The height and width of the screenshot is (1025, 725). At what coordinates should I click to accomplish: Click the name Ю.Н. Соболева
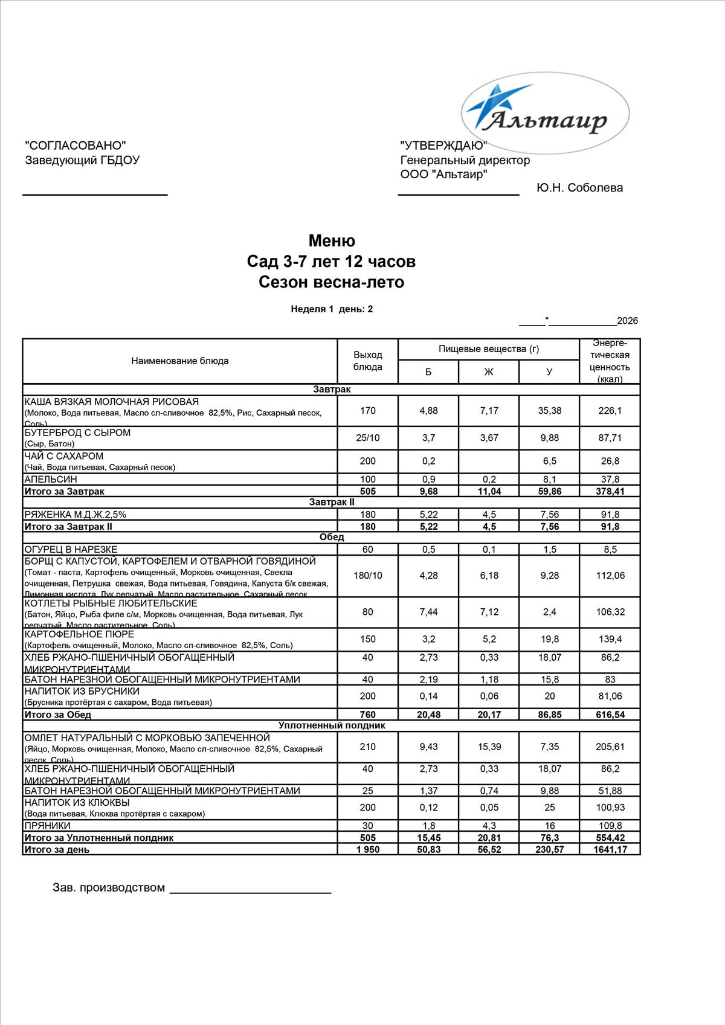(579, 188)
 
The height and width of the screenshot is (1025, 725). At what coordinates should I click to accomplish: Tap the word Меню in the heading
(332, 241)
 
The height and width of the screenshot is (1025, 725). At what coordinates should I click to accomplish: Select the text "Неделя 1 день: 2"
(332, 309)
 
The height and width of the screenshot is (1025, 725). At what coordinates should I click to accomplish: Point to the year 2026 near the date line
(627, 321)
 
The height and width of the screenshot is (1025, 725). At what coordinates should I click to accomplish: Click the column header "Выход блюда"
(367, 361)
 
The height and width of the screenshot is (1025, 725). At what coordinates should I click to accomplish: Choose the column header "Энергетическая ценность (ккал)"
(610, 361)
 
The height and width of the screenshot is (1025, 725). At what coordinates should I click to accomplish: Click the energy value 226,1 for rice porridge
(610, 411)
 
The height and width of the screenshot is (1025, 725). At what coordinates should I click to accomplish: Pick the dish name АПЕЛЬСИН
(51, 480)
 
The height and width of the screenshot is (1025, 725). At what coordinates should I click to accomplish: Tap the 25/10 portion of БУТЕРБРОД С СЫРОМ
(367, 438)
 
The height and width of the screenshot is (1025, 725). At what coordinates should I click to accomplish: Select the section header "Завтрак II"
(332, 503)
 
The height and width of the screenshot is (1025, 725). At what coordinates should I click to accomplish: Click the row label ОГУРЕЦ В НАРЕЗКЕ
(71, 550)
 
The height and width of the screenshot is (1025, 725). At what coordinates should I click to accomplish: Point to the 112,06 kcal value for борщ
(610, 576)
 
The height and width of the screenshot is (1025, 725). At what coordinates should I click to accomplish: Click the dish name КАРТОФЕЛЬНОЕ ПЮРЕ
(79, 634)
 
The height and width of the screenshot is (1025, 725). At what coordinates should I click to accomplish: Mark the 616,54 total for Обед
(610, 715)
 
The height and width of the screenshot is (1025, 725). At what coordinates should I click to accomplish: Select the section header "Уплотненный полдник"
(332, 726)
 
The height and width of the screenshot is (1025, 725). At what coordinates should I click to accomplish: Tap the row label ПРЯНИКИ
(47, 826)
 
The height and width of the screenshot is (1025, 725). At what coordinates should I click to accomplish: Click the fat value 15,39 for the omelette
(489, 747)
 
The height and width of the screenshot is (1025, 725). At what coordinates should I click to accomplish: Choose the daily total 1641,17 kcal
(610, 850)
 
